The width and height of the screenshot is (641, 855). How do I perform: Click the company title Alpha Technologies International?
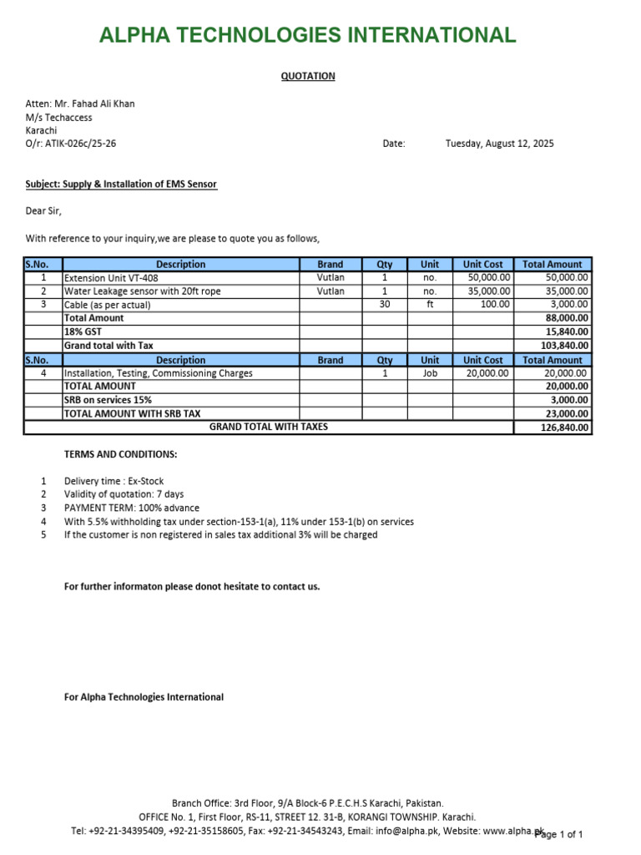click(307, 35)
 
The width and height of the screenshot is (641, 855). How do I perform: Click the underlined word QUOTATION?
click(307, 76)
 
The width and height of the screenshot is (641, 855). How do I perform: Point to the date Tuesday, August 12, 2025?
click(499, 144)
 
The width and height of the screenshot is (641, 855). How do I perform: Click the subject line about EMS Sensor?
click(121, 184)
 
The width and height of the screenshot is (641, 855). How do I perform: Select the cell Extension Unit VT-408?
click(111, 278)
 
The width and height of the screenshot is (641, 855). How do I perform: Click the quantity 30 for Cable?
click(385, 305)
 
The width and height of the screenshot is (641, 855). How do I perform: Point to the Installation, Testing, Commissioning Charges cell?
click(159, 373)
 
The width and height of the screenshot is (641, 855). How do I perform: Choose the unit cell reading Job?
click(430, 373)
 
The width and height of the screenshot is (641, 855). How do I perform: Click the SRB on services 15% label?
click(108, 400)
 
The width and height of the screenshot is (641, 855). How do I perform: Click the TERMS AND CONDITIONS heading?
click(120, 454)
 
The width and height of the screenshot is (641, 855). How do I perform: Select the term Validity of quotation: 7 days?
click(124, 494)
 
